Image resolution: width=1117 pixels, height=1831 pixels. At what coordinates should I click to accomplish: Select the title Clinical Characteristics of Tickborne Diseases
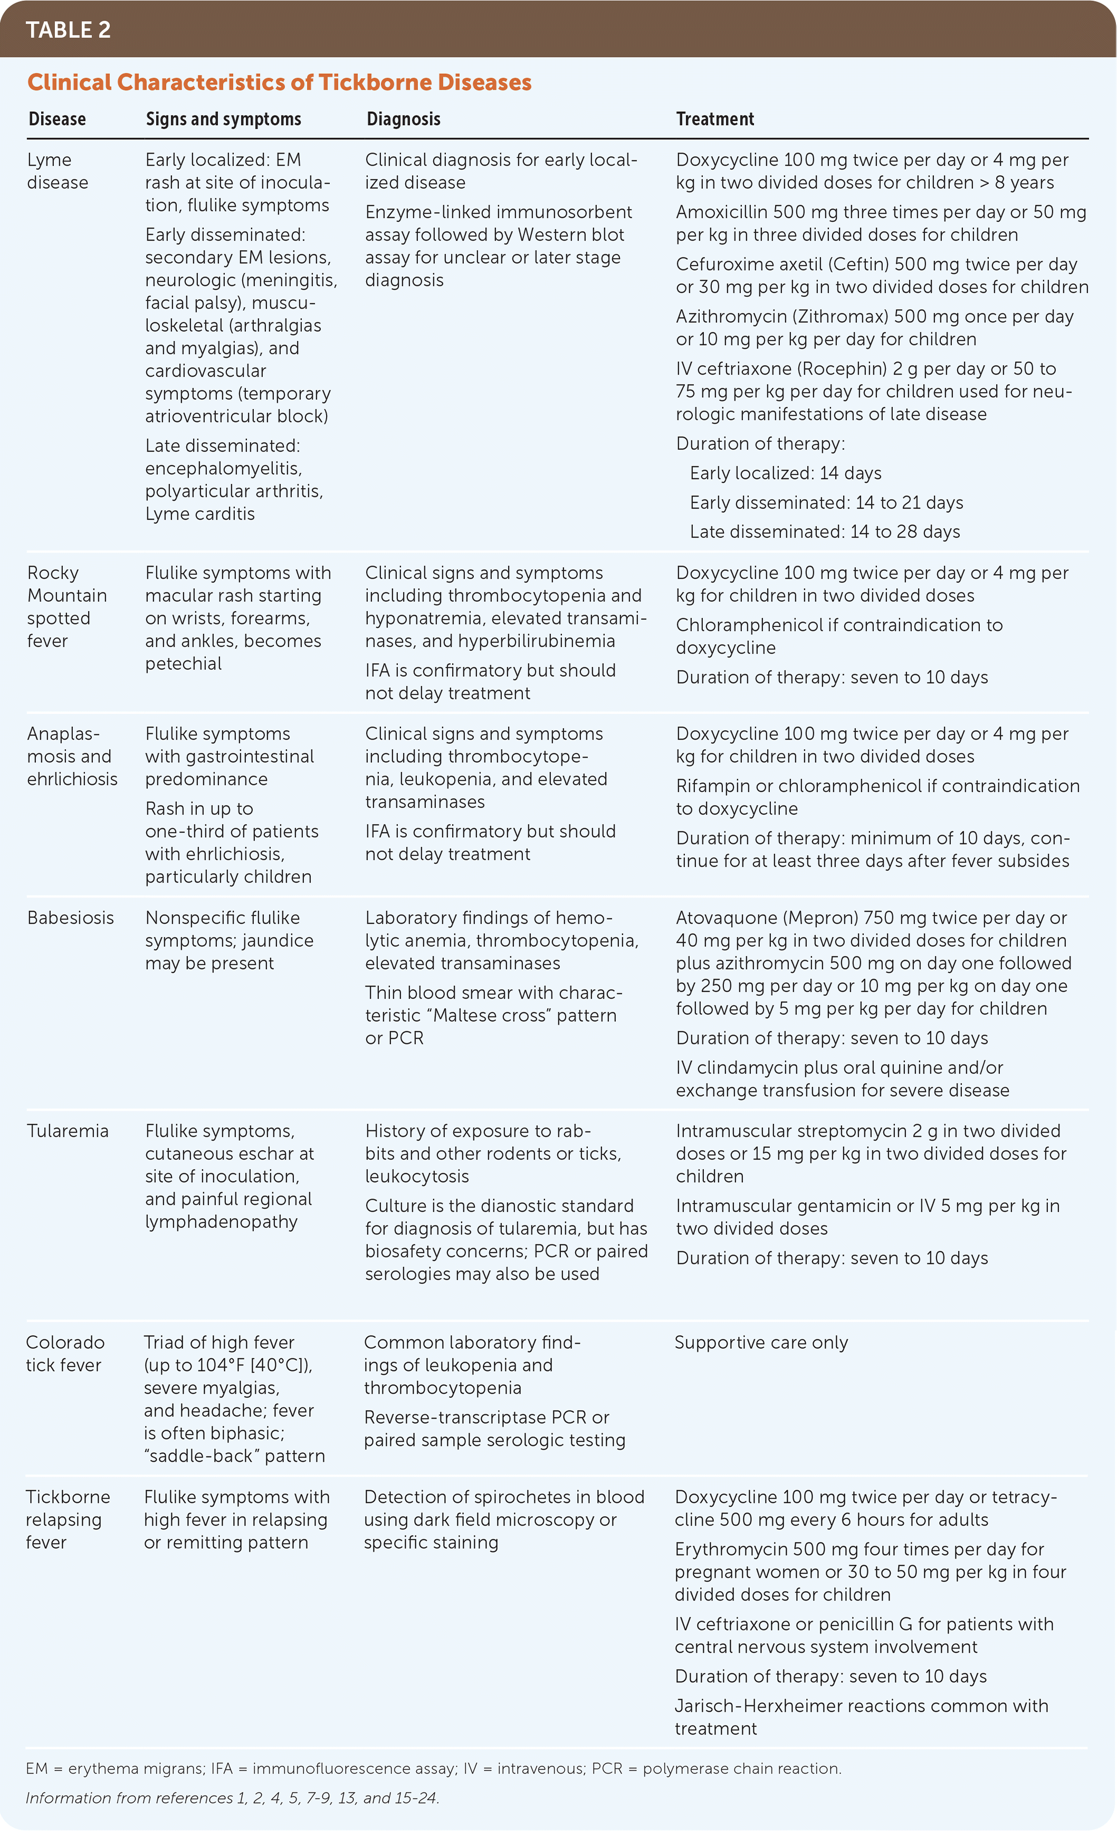pos(280,82)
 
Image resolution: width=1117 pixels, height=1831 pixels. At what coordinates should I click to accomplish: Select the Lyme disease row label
pos(57,171)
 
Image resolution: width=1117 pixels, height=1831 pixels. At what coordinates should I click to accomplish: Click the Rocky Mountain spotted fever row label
pos(67,606)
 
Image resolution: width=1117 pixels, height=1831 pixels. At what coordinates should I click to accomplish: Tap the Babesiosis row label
pos(71,918)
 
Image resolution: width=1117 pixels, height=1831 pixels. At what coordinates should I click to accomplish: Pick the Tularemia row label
pos(68,1131)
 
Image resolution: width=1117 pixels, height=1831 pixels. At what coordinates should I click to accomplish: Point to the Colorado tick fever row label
pos(65,1353)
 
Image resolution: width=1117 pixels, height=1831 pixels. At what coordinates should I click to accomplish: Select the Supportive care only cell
pos(761,1343)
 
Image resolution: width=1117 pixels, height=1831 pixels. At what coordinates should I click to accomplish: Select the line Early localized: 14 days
pos(786,473)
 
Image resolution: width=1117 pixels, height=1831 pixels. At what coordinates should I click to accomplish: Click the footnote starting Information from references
pos(232,1798)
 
